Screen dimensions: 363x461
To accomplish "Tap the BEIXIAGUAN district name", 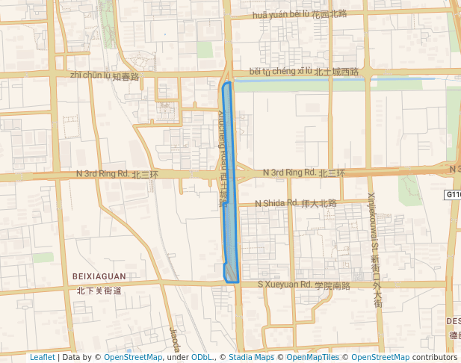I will coord(99,276).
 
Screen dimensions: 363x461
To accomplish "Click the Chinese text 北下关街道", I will coord(99,291).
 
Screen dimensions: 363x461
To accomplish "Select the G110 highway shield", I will coord(454,195).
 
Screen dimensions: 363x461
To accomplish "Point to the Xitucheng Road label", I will coord(222,149).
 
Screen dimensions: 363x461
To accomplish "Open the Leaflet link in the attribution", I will coord(42,358).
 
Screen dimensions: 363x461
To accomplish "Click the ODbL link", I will coord(202,358).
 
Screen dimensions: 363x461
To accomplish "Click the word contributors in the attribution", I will coord(435,358).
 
